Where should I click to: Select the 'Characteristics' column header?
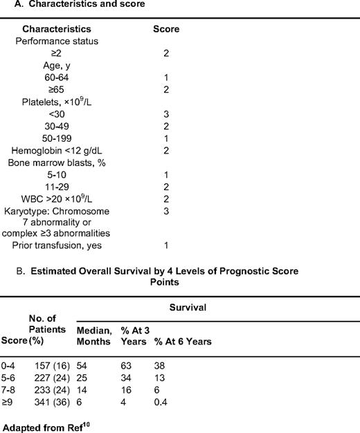[57, 30]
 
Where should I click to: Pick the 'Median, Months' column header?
[94, 335]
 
